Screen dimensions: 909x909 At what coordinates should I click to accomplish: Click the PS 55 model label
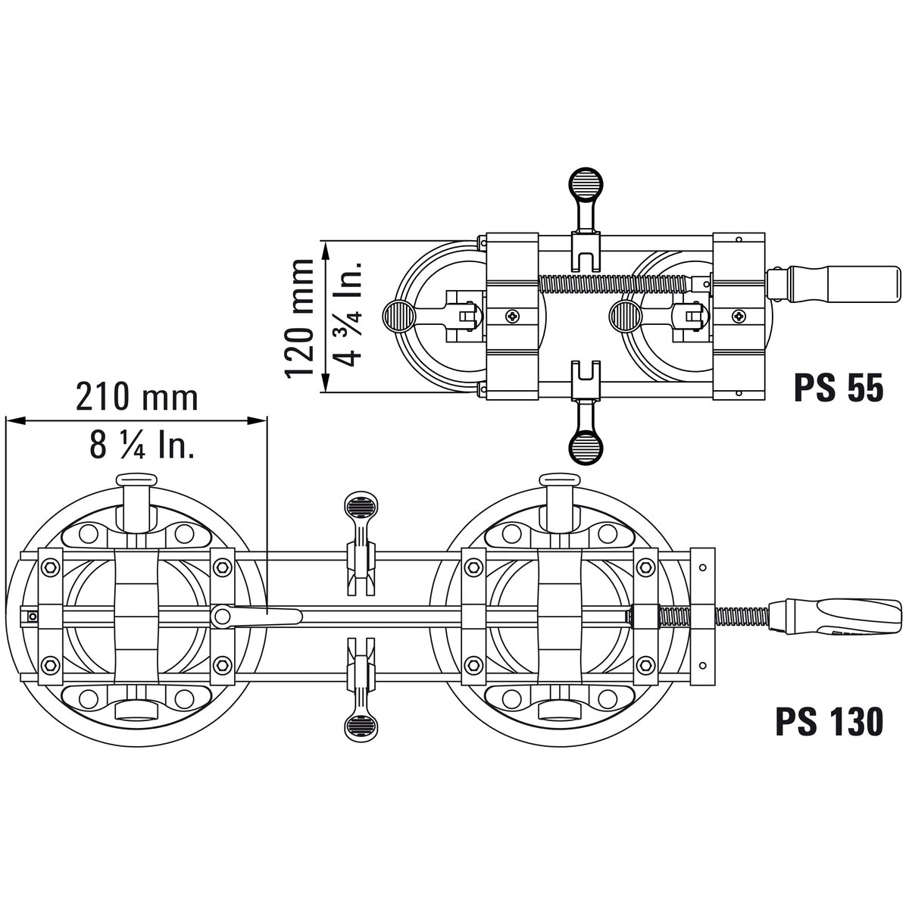[x=839, y=389]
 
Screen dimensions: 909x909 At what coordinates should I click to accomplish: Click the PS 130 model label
[x=829, y=721]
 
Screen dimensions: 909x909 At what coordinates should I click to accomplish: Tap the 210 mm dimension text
[x=137, y=397]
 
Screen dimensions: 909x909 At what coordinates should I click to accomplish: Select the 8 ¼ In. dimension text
[x=142, y=446]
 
